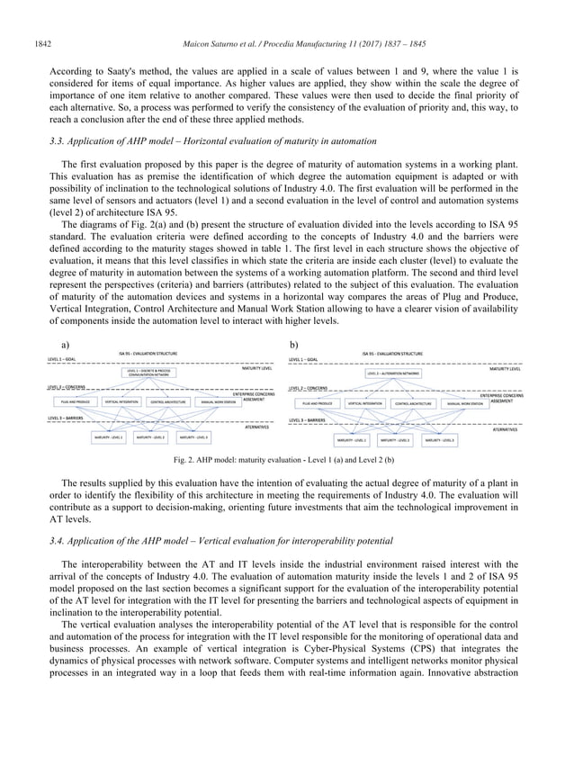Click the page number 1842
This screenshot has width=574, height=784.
point(42,16)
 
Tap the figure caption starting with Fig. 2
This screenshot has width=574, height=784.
point(286,460)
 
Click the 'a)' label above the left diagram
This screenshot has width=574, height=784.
point(65,344)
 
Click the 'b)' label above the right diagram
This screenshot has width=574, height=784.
point(293,344)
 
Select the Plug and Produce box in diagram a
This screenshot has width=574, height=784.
point(75,401)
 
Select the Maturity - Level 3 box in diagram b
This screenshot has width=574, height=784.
point(441,440)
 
